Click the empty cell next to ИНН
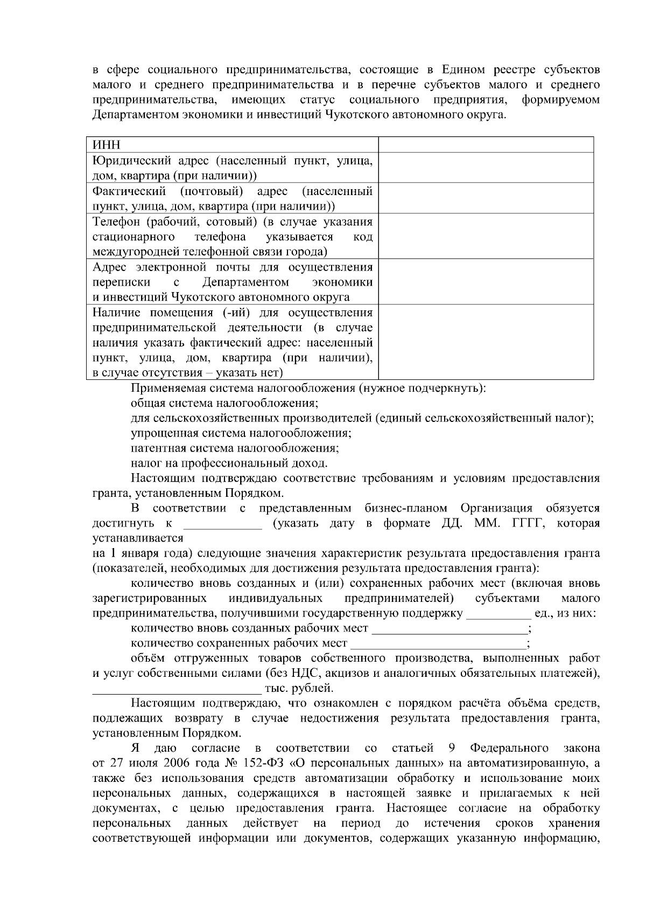486,145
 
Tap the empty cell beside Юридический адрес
486,168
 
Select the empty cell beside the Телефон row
486,237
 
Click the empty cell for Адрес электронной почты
486,282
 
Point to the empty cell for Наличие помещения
486,343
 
